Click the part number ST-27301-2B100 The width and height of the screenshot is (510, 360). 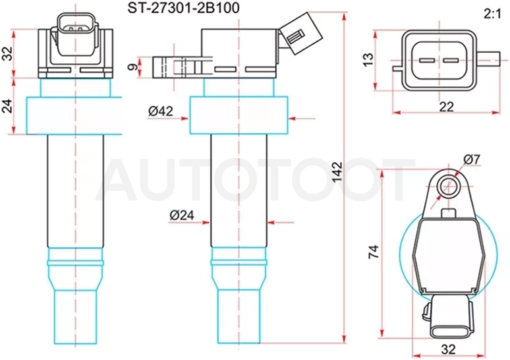point(183,8)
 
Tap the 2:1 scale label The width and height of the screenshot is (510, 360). point(492,14)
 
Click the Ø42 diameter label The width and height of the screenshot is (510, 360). point(161,111)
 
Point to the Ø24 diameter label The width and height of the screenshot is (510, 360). point(182,215)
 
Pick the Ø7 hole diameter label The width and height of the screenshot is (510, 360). point(472,160)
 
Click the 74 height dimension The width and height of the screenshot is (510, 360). point(374,252)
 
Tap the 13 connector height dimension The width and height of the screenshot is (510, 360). point(368,60)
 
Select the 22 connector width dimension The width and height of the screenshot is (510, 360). point(446,106)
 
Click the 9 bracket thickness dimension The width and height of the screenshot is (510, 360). point(132,67)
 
